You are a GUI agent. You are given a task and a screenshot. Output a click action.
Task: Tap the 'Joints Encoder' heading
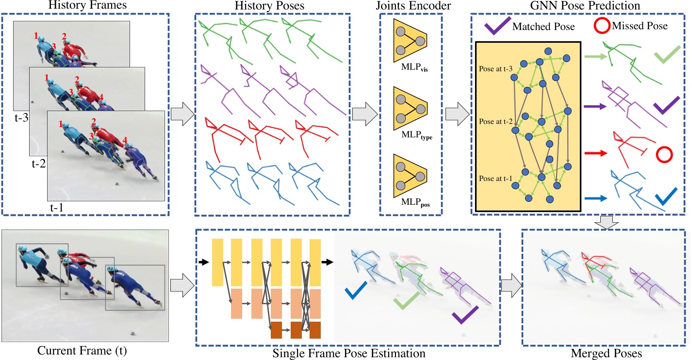411,5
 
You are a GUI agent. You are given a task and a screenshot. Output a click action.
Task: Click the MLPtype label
411,137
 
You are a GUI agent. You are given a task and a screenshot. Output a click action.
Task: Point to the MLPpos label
411,205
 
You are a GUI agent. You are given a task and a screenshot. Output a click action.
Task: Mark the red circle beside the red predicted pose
664,155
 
